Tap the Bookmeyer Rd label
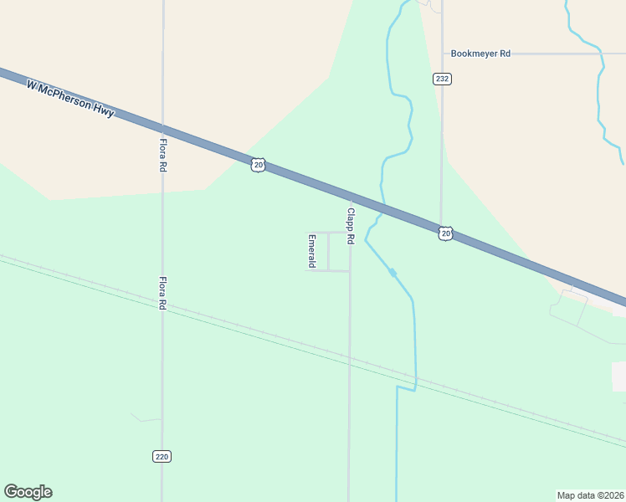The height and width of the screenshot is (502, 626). (x=480, y=54)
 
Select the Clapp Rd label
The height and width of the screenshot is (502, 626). (x=351, y=226)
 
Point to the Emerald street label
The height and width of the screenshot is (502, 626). (x=311, y=251)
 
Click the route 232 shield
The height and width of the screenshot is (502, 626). (x=442, y=79)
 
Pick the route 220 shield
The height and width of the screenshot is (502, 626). (x=162, y=456)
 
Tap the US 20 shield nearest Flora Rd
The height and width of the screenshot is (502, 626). (x=258, y=165)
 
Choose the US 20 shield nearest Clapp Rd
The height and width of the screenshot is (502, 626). (x=445, y=233)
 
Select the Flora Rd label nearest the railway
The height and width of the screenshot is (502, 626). (x=162, y=294)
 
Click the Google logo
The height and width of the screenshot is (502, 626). (x=28, y=492)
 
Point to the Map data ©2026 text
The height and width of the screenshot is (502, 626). (x=590, y=495)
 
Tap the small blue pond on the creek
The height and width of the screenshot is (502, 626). (x=392, y=273)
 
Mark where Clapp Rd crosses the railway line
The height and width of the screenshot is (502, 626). (x=349, y=356)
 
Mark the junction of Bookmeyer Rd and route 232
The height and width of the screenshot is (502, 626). (x=442, y=54)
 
